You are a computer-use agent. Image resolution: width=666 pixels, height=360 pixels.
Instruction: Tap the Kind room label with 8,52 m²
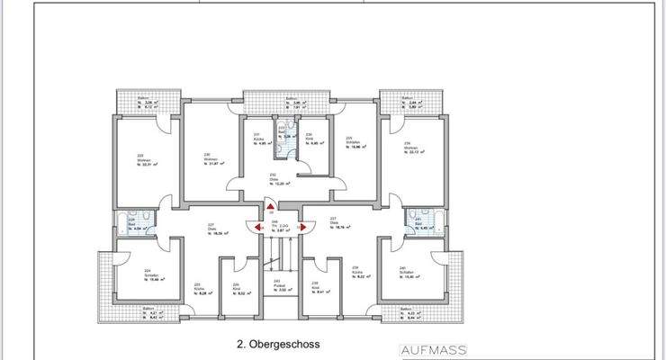tap(238, 289)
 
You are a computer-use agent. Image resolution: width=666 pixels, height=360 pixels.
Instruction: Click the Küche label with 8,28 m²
tap(200, 290)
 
